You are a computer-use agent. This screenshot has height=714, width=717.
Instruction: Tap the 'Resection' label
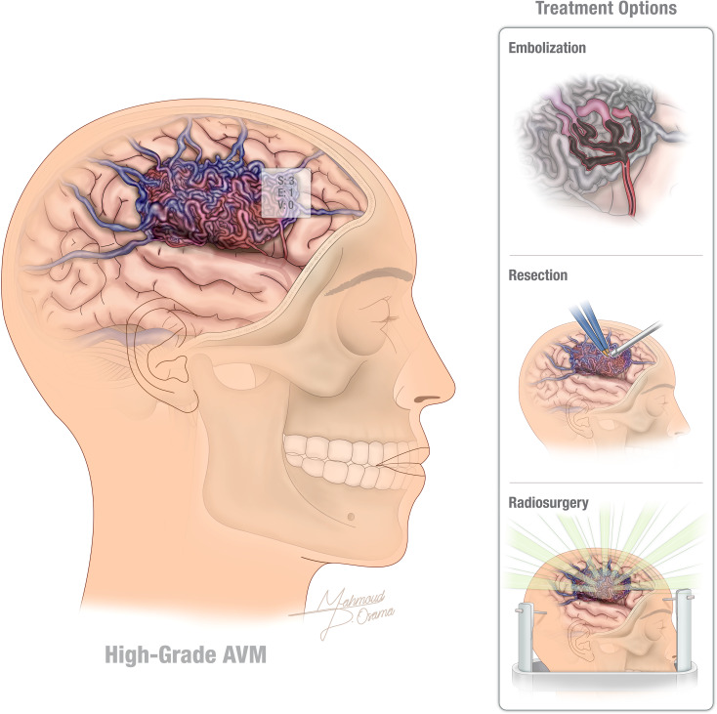point(537,275)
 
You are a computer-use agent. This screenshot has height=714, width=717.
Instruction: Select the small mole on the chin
point(349,516)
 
